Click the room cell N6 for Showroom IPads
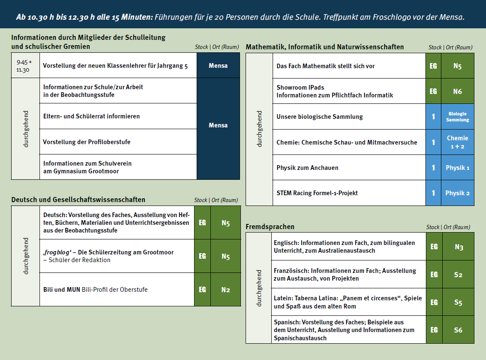click(458, 91)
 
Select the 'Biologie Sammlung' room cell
click(458, 117)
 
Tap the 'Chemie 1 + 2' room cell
click(458, 142)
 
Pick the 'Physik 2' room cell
click(458, 193)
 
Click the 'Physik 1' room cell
click(458, 168)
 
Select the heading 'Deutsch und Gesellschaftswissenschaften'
click(78, 200)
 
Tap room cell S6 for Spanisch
click(459, 330)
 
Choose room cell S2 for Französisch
click(459, 275)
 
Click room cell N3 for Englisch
click(459, 247)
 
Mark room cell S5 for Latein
click(459, 303)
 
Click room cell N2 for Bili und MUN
click(226, 290)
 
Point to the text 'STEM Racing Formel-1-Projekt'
click(317, 193)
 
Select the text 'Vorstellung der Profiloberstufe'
click(87, 142)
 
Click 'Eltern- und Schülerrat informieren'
click(91, 116)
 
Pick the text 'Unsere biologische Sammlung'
click(320, 117)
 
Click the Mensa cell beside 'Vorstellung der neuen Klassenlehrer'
click(218, 66)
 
